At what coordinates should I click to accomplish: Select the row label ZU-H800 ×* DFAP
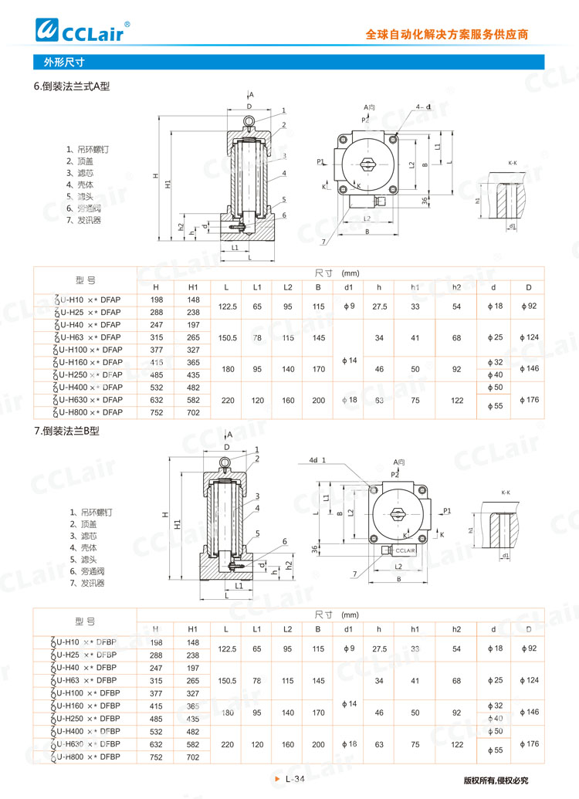(86, 412)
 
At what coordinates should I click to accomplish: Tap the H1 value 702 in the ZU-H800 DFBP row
(193, 757)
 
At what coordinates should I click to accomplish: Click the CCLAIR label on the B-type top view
(405, 550)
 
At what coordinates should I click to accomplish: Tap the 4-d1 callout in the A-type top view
(423, 107)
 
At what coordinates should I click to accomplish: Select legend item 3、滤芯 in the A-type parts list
(80, 173)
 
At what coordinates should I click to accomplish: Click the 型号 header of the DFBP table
(85, 621)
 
